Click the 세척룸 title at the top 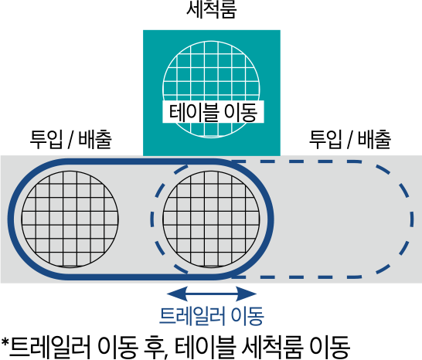pyautogui.click(x=212, y=10)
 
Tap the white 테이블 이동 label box pyautogui.click(x=213, y=112)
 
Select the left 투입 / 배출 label pyautogui.click(x=70, y=139)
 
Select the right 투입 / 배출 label pyautogui.click(x=350, y=139)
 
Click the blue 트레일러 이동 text pyautogui.click(x=212, y=316)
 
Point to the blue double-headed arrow pyautogui.click(x=212, y=294)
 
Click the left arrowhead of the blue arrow pyautogui.click(x=177, y=294)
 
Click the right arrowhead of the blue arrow pyautogui.click(x=247, y=294)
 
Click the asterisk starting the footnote pyautogui.click(x=5, y=343)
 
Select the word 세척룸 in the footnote pyautogui.click(x=273, y=347)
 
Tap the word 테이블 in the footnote pyautogui.click(x=206, y=347)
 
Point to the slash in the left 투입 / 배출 pyautogui.click(x=70, y=140)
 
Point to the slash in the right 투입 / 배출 pyautogui.click(x=350, y=140)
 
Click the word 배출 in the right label pyautogui.click(x=375, y=139)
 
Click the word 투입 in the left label pyautogui.click(x=46, y=139)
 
